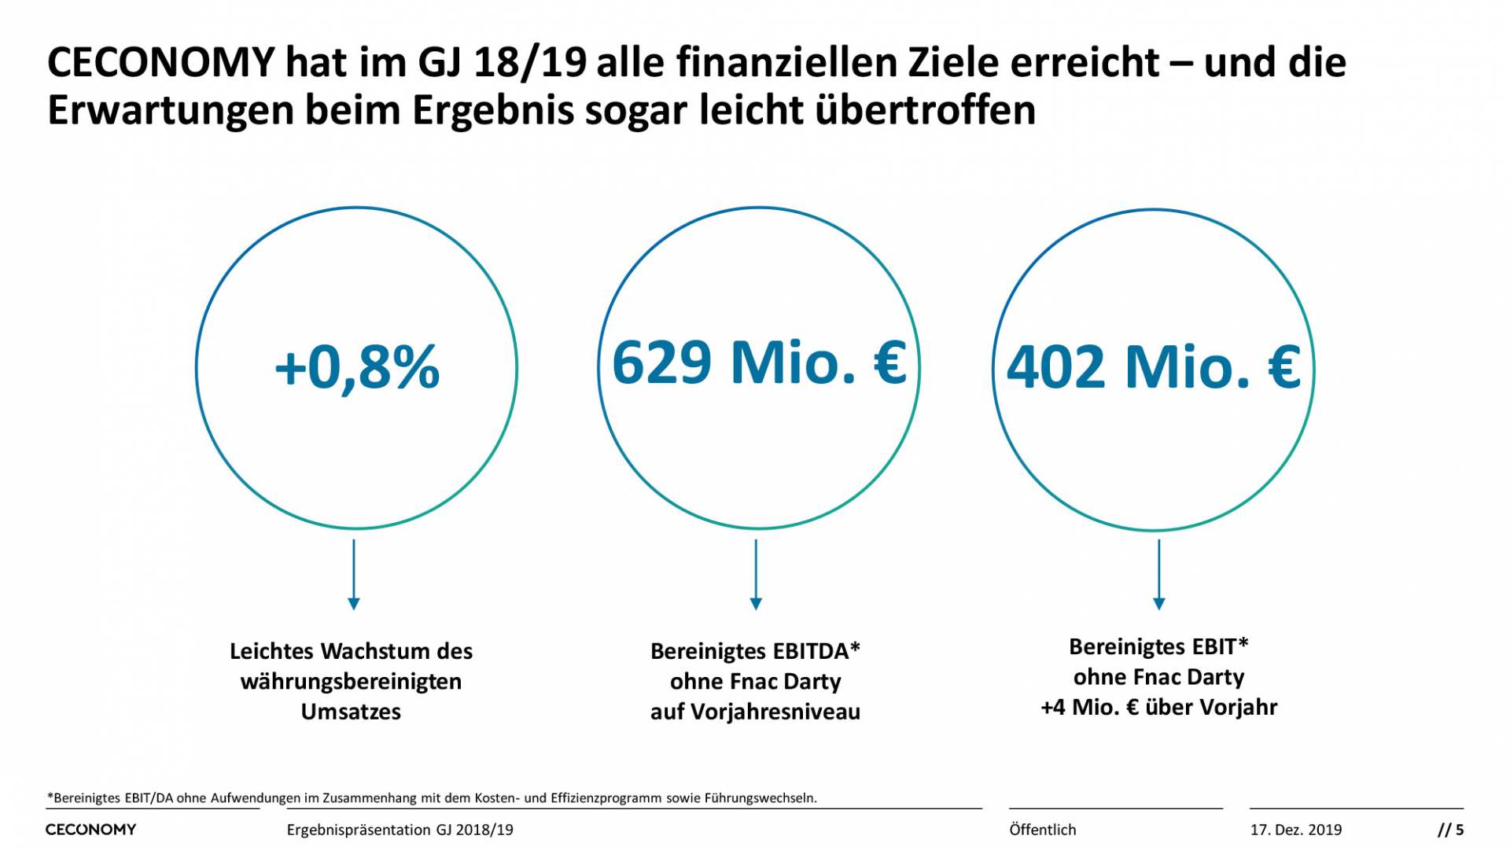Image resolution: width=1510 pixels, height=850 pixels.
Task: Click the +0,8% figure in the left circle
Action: (356, 367)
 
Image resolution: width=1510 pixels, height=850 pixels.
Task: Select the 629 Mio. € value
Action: (759, 362)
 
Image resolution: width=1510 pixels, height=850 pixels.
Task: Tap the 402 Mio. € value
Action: (1154, 367)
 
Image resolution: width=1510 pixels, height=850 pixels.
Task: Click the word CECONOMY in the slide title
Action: (161, 63)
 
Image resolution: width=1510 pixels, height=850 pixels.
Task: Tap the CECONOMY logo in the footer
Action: (90, 830)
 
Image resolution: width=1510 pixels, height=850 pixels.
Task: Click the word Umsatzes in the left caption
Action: (351, 712)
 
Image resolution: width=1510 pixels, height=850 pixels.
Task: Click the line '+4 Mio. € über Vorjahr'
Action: (1158, 708)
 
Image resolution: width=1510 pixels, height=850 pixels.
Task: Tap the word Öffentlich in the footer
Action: (1042, 830)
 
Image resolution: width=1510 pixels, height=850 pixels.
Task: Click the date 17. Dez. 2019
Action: (1295, 830)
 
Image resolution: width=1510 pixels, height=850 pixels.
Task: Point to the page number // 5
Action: (1450, 830)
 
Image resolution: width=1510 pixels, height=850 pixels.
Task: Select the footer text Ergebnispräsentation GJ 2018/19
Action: (400, 830)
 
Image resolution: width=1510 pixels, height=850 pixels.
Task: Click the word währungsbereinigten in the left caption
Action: (351, 682)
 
